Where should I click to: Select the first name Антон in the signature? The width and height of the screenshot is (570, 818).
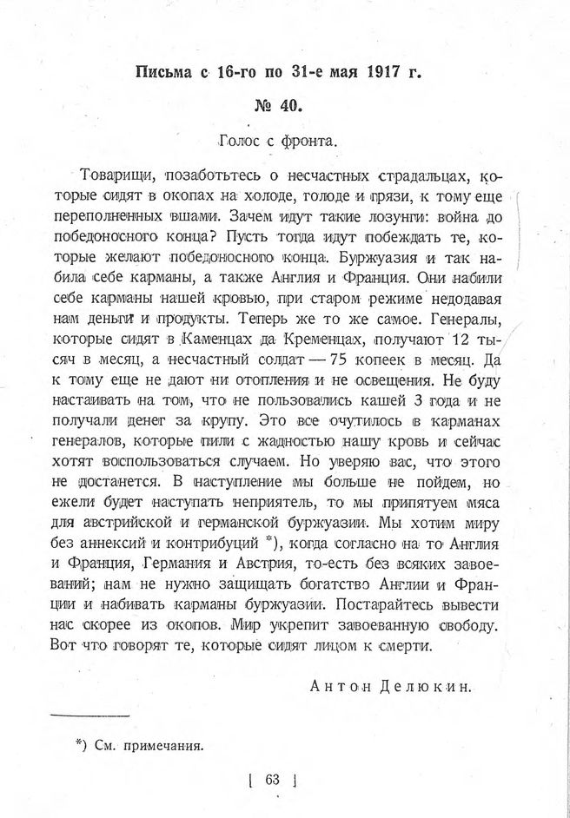pos(339,687)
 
